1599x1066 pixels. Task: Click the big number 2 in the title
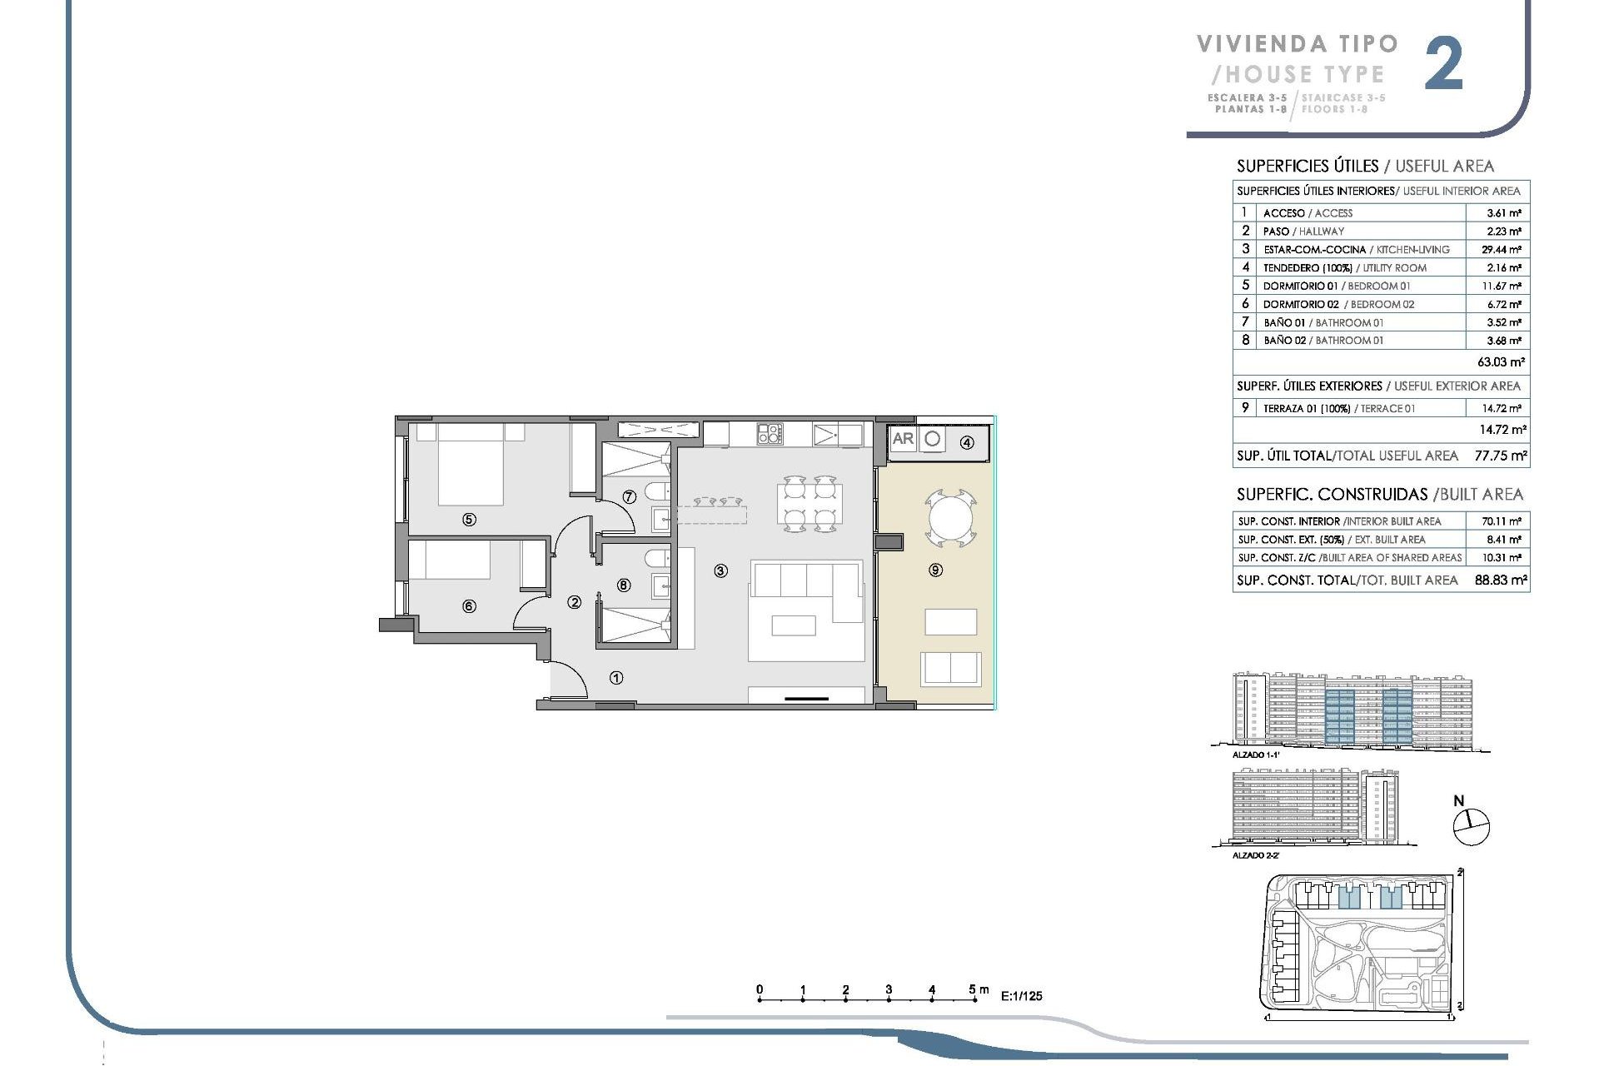pos(1443,65)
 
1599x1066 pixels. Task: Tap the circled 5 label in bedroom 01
pos(469,520)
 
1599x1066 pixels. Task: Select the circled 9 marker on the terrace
pos(936,570)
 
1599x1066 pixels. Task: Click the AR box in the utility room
pos(903,439)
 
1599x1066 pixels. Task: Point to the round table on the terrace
pos(950,520)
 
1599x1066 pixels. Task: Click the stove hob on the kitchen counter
pos(770,433)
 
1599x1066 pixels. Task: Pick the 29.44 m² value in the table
pos(1503,250)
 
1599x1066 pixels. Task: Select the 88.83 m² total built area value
pos(1501,580)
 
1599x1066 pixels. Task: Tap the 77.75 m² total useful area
pos(1501,456)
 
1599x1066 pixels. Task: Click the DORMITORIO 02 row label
pos(1301,304)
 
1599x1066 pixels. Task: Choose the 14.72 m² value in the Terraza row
pos(1501,408)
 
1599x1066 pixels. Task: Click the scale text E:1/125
pos(1021,996)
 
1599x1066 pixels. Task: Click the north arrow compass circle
pos(1471,827)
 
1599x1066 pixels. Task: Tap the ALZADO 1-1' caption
pos(1255,755)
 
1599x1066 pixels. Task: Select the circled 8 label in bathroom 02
pos(624,585)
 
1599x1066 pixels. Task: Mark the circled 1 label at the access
pos(616,678)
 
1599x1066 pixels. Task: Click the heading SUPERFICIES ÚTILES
pos(1307,166)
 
